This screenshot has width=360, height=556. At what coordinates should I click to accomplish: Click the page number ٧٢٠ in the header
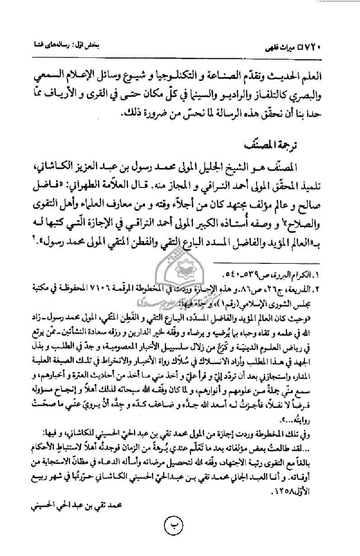342,47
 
